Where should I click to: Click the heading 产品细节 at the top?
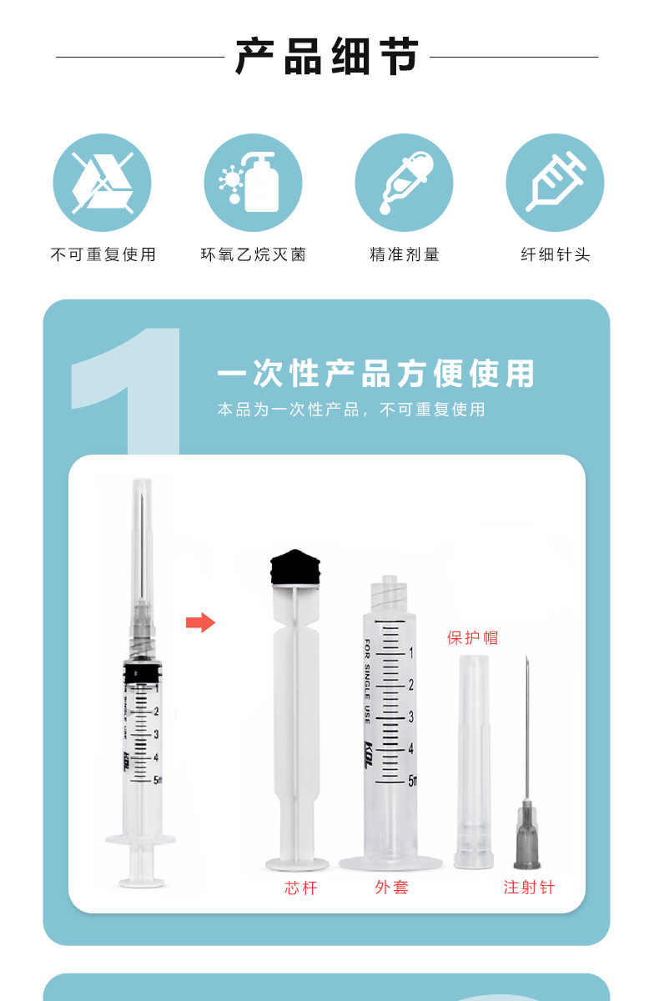coord(327,57)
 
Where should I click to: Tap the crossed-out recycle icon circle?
coord(103,183)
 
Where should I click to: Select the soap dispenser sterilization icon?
coord(253,183)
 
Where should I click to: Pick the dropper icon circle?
coord(404,183)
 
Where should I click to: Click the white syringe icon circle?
coord(555,183)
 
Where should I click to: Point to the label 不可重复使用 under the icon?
coord(103,254)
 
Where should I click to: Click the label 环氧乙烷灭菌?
coord(254,254)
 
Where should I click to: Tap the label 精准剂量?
coord(405,254)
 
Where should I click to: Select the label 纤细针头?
coord(556,254)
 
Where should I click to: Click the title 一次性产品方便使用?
coord(375,373)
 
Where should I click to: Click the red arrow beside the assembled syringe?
coord(200,622)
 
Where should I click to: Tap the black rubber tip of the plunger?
coord(295,567)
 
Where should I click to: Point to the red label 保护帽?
coord(473,637)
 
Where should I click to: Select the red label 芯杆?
coord(300,888)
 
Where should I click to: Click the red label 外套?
coord(392,887)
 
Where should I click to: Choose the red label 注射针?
coord(529,887)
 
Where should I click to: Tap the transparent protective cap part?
coord(474,762)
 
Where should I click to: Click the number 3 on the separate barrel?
coord(411,717)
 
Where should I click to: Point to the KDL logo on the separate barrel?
coord(368,754)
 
